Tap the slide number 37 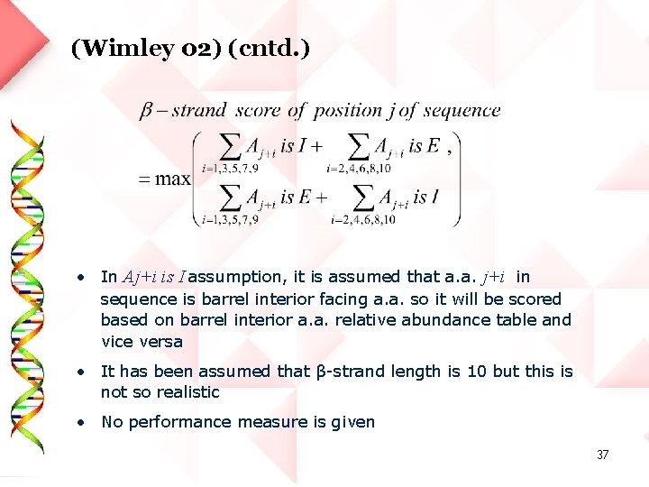(602, 455)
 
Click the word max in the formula (172, 178)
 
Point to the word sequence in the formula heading (462, 111)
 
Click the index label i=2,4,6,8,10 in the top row (359, 168)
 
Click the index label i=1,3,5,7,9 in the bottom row (231, 219)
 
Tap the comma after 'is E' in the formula (448, 151)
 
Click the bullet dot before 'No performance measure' (81, 421)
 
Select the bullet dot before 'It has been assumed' (81, 371)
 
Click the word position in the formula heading (347, 111)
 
